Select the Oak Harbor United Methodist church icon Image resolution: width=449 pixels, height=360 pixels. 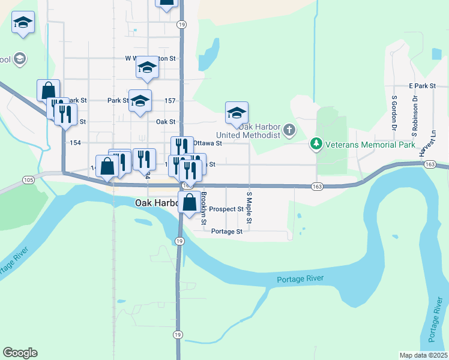click(x=289, y=130)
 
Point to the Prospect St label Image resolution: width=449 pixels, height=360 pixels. click(x=227, y=209)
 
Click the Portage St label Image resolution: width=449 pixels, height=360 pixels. click(x=227, y=232)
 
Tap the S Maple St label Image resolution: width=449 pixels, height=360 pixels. click(x=249, y=209)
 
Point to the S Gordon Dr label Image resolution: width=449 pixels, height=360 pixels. click(x=394, y=112)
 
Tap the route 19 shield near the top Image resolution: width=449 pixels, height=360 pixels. click(x=181, y=25)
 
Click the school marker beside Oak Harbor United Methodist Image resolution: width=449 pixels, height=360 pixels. click(x=237, y=113)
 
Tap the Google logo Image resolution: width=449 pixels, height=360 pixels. click(x=20, y=353)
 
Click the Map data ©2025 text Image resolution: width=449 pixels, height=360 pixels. click(x=423, y=355)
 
